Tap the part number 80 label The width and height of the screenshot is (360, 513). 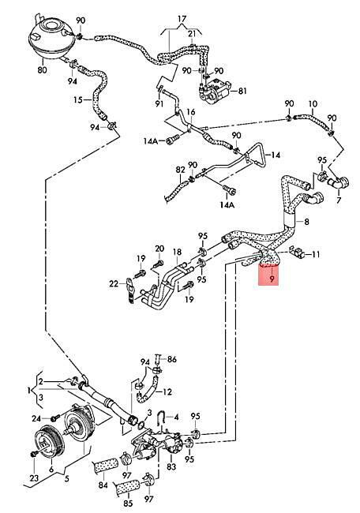coord(42,69)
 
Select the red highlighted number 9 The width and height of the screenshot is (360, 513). coord(272,279)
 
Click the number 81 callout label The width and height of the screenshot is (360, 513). coord(242,91)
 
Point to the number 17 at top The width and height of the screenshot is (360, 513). coord(182,19)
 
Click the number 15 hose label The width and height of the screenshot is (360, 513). coord(78,99)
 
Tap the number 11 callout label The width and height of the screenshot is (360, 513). coord(316,254)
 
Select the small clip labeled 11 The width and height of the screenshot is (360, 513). coord(299,253)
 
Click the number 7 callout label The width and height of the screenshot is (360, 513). coord(339,200)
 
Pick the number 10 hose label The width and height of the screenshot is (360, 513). coord(313,104)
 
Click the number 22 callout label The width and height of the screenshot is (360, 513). coord(114,284)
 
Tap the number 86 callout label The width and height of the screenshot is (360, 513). coord(172,359)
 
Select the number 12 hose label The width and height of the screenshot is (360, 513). coord(167,391)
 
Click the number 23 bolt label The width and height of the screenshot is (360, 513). coord(34,478)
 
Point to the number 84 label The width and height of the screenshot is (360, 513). coord(103,485)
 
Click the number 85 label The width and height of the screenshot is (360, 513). coord(128,503)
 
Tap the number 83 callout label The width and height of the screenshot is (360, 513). coord(171,467)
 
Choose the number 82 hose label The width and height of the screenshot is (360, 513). coord(180,170)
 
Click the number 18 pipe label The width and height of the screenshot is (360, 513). coord(177,252)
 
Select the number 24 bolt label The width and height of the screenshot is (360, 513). coord(36,418)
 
